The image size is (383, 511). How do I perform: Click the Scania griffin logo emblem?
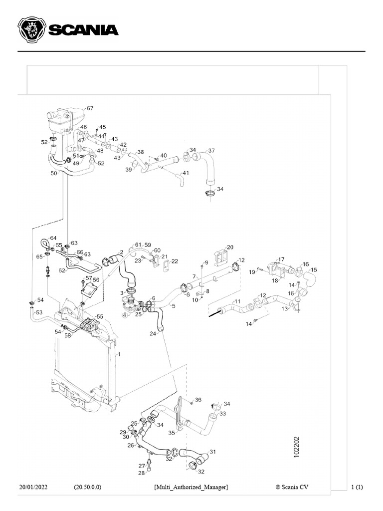(31, 30)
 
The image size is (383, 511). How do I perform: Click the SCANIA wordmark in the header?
(83, 30)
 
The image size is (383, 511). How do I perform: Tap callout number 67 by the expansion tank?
(90, 108)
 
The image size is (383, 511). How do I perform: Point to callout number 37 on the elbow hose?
(211, 151)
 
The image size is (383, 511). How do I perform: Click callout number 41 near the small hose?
(186, 173)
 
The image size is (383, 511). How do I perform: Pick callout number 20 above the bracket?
(230, 247)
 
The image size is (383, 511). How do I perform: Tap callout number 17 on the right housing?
(281, 259)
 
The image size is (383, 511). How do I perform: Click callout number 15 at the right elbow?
(314, 269)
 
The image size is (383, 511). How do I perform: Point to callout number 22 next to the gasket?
(175, 261)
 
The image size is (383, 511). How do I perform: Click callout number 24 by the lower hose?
(153, 333)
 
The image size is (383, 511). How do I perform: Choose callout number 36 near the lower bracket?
(198, 400)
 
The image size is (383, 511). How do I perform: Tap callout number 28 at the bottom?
(142, 473)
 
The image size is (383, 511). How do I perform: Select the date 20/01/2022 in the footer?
(33, 487)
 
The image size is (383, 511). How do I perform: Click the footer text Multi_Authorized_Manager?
(191, 487)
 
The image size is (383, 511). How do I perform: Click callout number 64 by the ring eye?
(53, 238)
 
